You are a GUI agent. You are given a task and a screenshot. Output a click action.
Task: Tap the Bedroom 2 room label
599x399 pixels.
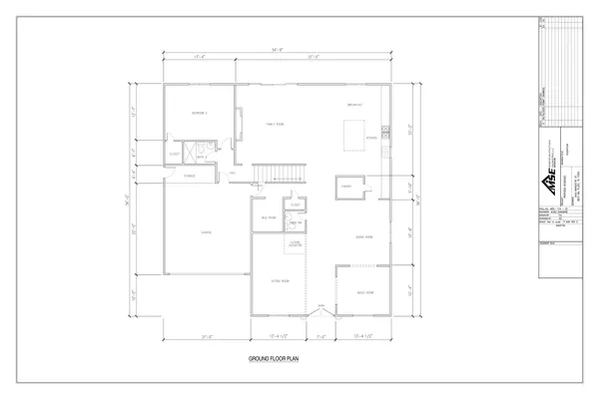(x=199, y=114)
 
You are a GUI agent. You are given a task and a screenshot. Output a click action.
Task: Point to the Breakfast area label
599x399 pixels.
(x=352, y=105)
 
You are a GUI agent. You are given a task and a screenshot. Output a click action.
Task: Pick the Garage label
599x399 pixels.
(x=206, y=233)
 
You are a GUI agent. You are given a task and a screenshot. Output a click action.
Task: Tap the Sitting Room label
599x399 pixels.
(x=280, y=282)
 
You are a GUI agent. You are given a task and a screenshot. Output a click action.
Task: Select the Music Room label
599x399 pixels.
(x=364, y=292)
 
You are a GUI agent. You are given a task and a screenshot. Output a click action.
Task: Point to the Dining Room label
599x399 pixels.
(x=364, y=236)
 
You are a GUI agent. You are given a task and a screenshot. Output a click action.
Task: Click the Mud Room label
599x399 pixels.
(x=268, y=217)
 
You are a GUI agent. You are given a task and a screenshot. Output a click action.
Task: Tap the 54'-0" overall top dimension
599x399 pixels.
(x=275, y=48)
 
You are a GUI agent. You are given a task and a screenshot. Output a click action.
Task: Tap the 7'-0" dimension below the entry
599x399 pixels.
(x=320, y=335)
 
